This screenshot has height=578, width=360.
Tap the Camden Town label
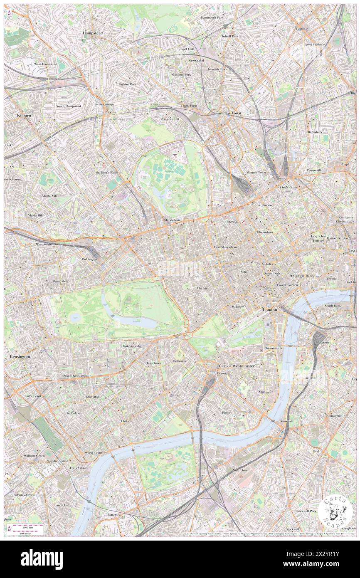click(228, 113)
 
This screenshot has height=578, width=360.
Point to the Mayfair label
click(202, 288)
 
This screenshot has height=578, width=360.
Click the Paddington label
click(89, 259)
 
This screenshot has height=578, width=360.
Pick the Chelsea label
click(126, 421)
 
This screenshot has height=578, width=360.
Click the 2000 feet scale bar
click(27, 526)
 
